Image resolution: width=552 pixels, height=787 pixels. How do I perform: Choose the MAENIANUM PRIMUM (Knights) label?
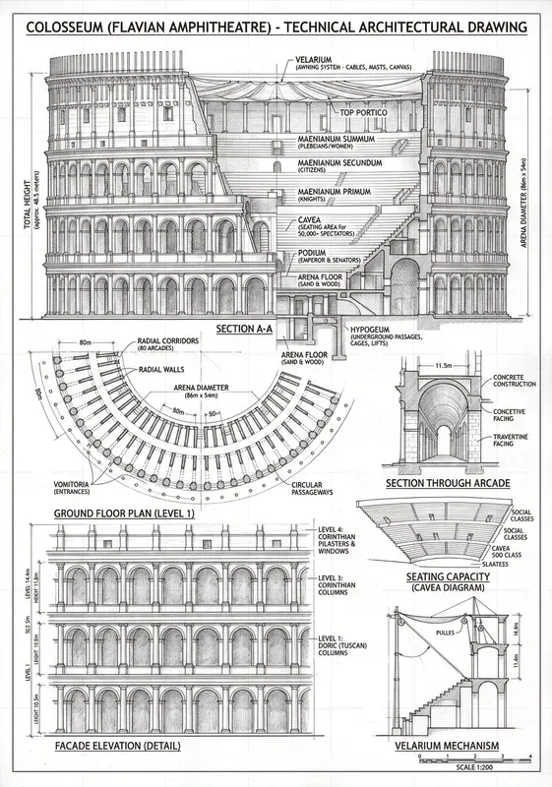tap(337, 195)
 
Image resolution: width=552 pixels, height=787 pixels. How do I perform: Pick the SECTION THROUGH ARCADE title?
tap(447, 484)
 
